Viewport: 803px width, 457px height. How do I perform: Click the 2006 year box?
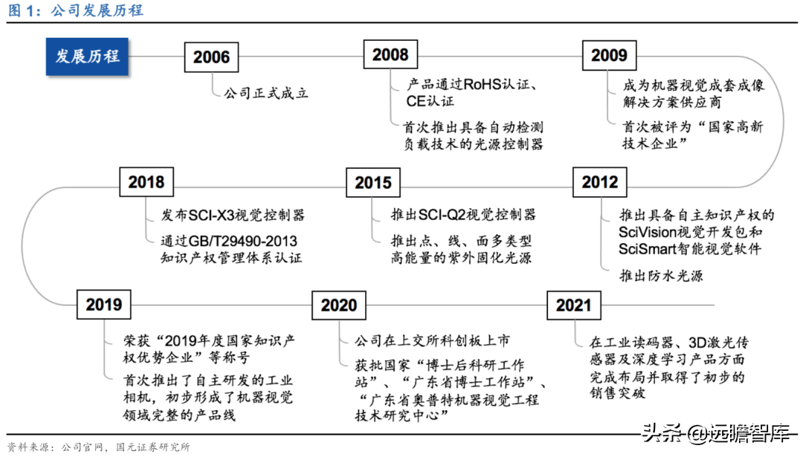(211, 57)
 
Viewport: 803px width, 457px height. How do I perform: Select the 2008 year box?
(390, 55)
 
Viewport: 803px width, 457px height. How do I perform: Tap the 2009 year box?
(609, 55)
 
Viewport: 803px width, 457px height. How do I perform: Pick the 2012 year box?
(599, 182)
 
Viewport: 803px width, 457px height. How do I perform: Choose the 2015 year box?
(373, 183)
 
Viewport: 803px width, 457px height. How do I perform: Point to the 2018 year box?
(146, 182)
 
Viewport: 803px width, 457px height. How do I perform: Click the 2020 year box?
(339, 305)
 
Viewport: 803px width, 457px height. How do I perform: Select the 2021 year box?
(573, 305)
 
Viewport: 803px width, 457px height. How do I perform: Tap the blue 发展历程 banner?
(86, 56)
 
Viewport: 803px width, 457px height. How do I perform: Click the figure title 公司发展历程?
(97, 10)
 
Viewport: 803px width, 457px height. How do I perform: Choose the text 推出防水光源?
(661, 276)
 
